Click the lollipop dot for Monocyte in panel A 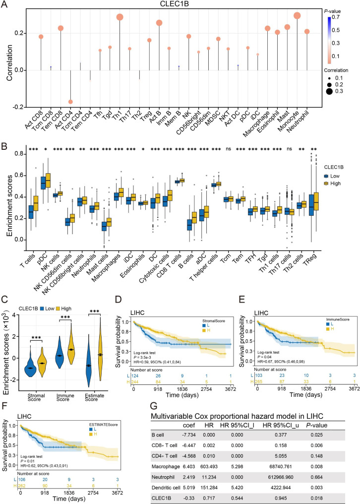[x=297, y=16]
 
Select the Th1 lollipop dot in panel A [x=120, y=17]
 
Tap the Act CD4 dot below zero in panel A [x=71, y=102]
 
